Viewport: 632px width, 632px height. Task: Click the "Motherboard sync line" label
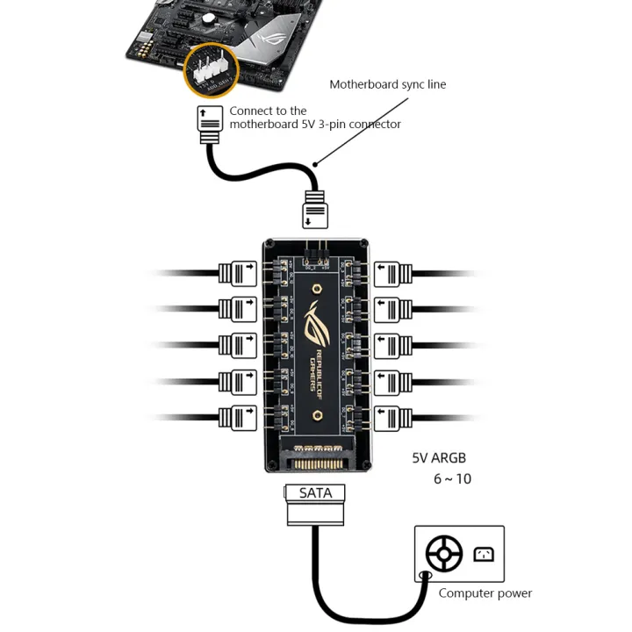387,84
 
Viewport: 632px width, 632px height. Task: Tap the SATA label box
315,493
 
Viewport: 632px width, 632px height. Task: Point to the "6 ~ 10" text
452,479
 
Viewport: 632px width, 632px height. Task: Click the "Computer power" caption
485,593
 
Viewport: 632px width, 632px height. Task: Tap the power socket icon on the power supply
484,554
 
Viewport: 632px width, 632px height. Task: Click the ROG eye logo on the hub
316,324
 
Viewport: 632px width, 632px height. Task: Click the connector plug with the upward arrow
209,125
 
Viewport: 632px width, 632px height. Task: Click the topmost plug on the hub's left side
236,272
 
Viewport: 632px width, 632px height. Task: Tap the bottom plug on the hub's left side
236,417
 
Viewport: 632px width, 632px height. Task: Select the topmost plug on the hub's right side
394,272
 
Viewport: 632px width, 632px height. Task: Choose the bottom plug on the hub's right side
394,417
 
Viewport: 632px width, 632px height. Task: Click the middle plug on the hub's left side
236,345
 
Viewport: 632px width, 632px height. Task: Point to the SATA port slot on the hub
315,460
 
